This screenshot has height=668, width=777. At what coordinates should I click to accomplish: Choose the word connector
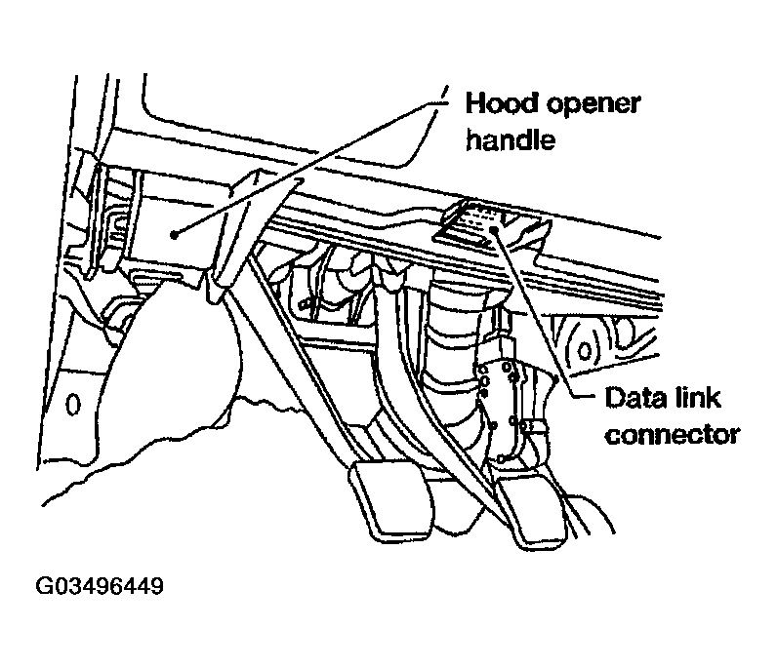pyautogui.click(x=672, y=434)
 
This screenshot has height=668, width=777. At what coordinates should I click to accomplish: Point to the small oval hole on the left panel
pyautogui.click(x=71, y=402)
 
